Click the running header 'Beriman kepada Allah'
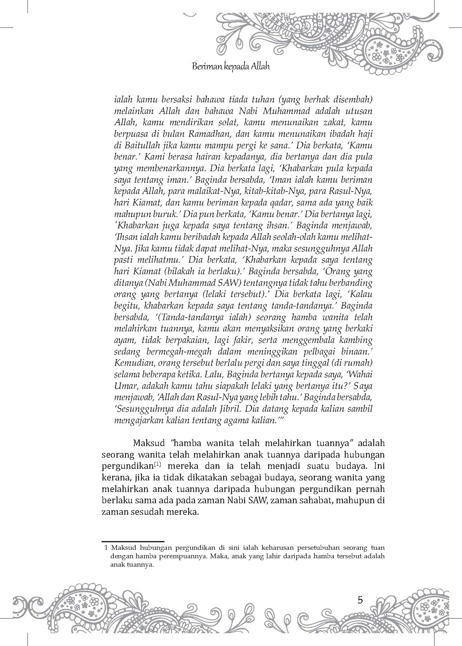click(231, 67)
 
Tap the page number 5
click(360, 600)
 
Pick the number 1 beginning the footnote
click(106, 548)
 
